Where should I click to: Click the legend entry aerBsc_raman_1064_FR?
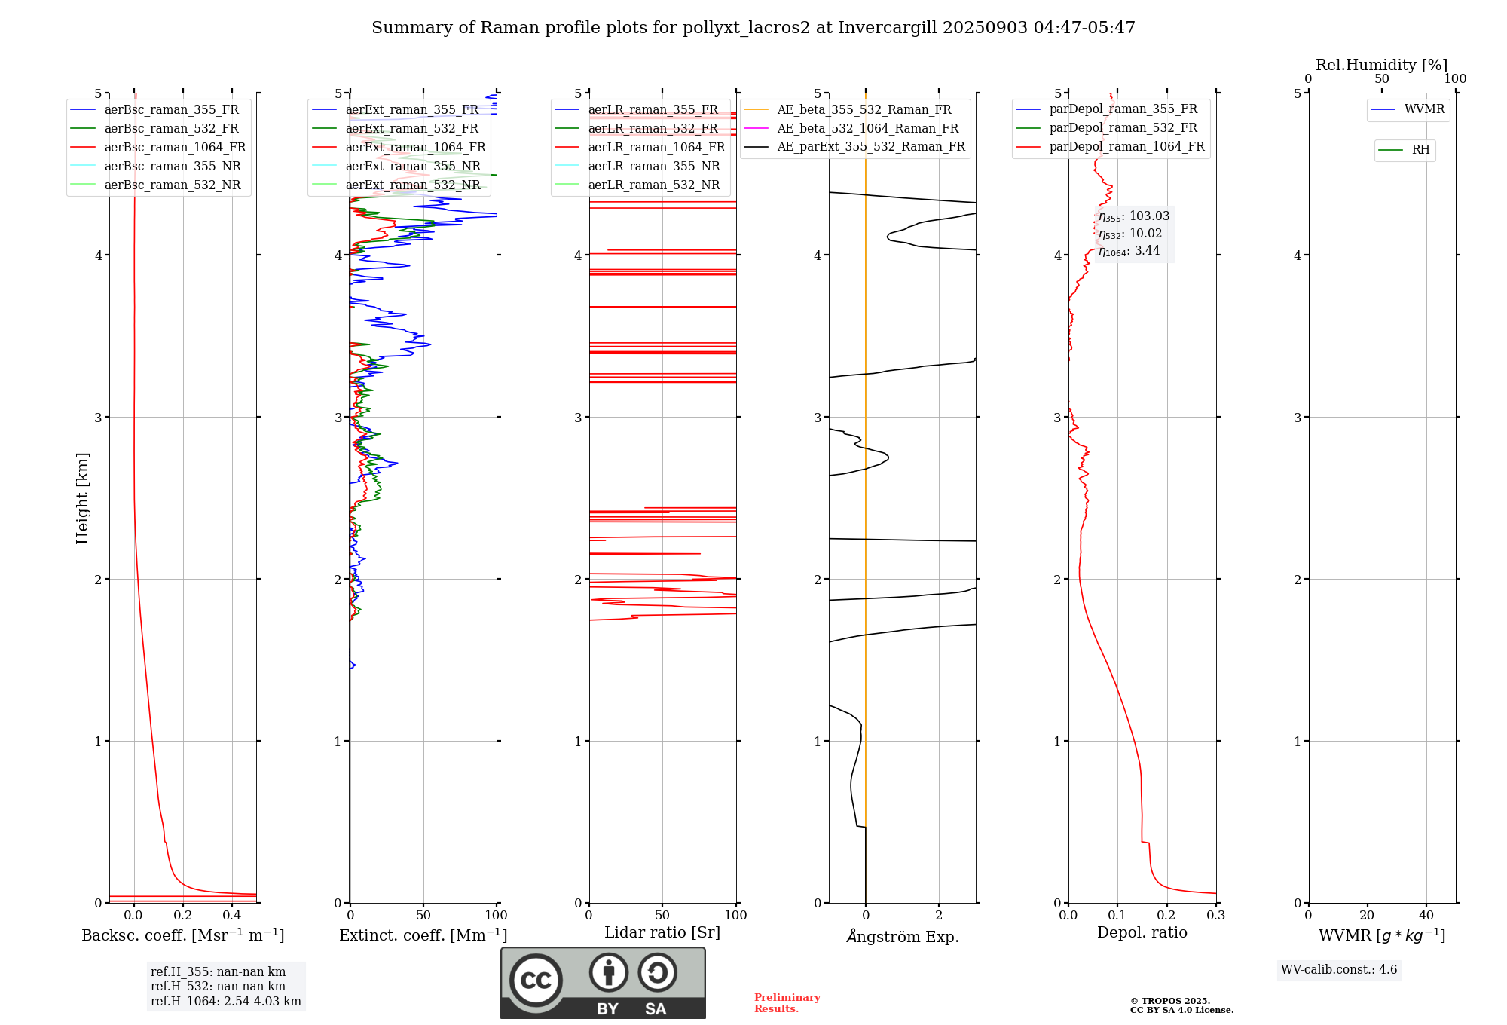click(175, 148)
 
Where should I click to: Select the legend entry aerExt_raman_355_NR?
click(413, 167)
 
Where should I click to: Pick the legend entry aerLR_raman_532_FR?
click(653, 129)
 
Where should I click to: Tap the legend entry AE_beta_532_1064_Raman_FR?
click(867, 129)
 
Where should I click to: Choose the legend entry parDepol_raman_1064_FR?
click(1126, 147)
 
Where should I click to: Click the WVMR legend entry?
click(1424, 110)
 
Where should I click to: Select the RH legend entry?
click(1420, 150)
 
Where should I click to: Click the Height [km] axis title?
click(82, 498)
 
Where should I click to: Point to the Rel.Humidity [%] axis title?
click(1381, 65)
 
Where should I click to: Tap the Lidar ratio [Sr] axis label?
click(662, 933)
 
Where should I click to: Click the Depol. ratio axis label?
click(1142, 933)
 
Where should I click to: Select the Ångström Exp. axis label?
click(902, 937)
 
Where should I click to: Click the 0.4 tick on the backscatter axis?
click(232, 916)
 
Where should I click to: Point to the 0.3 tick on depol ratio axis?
click(1215, 916)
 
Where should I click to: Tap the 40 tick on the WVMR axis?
click(1426, 916)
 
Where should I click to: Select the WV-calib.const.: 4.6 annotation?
click(1339, 970)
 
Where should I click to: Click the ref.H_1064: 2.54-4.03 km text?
click(226, 1002)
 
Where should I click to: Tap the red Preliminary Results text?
click(787, 1003)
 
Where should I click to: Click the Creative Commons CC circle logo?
click(536, 981)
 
